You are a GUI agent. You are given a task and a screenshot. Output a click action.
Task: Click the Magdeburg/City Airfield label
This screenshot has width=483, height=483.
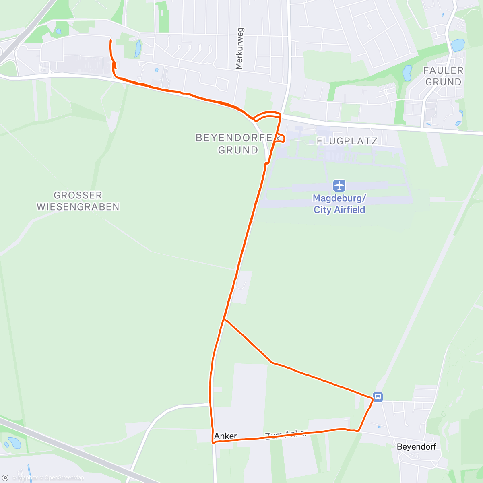click(x=339, y=204)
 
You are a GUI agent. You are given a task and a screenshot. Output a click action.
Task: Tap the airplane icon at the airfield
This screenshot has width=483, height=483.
click(x=339, y=186)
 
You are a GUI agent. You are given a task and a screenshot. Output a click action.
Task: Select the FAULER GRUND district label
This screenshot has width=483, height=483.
click(x=443, y=76)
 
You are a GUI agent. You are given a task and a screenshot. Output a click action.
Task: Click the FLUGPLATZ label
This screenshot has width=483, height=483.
click(x=347, y=141)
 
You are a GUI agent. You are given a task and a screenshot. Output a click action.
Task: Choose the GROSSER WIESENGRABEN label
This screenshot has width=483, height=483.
click(x=78, y=201)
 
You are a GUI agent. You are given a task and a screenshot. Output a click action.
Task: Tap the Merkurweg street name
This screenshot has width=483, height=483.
click(x=240, y=48)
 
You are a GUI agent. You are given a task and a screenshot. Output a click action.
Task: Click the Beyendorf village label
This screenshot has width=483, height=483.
click(x=416, y=447)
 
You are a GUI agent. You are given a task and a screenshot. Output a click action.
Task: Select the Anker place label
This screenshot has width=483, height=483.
click(x=225, y=436)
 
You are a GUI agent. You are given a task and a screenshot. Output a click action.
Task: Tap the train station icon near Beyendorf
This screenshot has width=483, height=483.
click(x=378, y=397)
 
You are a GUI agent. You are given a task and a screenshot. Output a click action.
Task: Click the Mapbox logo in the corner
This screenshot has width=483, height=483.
click(x=6, y=478)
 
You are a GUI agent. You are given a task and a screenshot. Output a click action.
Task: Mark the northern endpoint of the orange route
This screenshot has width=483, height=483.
click(x=111, y=41)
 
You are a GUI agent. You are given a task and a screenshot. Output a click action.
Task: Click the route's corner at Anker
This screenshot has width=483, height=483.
click(x=213, y=442)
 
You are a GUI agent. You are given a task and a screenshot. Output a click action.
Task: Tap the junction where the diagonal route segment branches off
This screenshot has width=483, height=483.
click(x=224, y=320)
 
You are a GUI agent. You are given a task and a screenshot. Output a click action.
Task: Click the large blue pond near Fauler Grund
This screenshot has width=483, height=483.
click(x=458, y=45)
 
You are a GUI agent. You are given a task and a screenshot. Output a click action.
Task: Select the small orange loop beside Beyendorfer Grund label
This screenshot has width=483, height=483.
click(x=281, y=138)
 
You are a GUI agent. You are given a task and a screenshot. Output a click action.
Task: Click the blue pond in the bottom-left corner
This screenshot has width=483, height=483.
click(x=14, y=443)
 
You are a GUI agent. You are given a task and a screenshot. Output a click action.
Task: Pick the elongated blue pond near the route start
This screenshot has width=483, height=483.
click(x=138, y=48)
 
